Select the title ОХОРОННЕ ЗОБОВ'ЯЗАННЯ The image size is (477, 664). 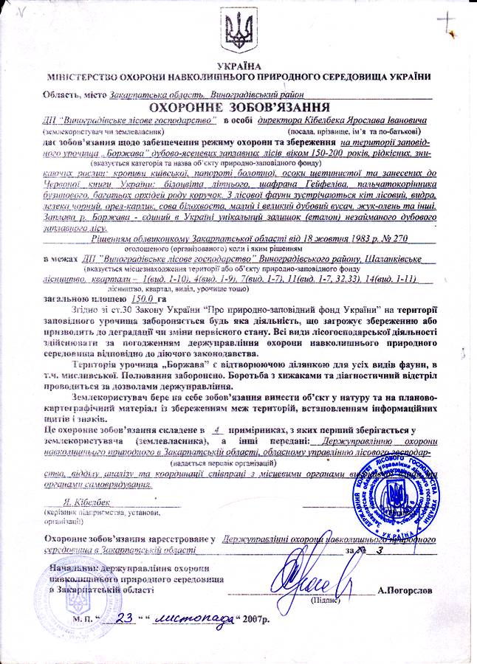pyautogui.click(x=238, y=107)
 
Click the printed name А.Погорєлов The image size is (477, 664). pyautogui.click(x=411, y=590)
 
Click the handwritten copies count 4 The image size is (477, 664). pyautogui.click(x=214, y=427)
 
